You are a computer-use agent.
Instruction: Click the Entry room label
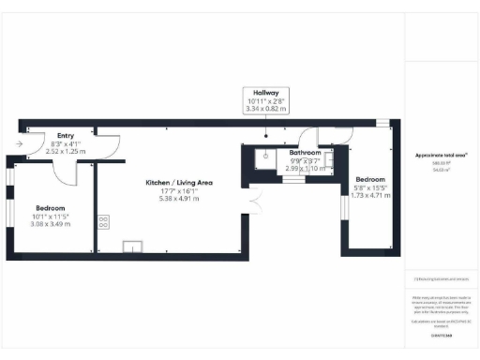(66, 136)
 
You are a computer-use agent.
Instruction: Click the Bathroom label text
(305, 153)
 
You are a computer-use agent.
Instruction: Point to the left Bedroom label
(50, 207)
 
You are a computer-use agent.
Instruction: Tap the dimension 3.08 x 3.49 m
(51, 224)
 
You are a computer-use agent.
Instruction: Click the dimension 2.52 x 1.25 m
(66, 150)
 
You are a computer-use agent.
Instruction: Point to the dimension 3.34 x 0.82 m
(263, 109)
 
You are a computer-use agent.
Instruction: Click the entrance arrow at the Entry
(20, 143)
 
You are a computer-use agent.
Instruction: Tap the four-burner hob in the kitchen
(103, 222)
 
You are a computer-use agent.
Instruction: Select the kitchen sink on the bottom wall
(129, 247)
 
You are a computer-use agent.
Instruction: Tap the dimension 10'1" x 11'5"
(51, 216)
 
